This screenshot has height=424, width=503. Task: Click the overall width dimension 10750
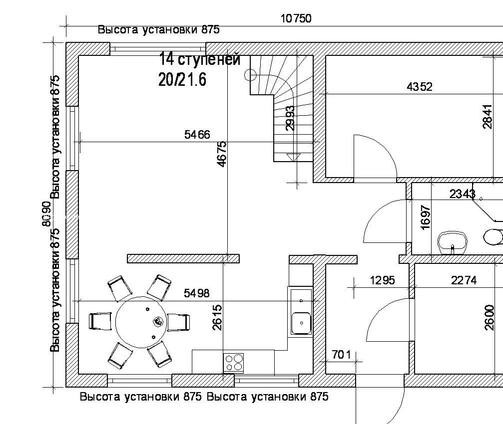click(x=296, y=18)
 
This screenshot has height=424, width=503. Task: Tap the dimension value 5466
click(x=197, y=135)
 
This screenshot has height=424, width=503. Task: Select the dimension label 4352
click(x=420, y=86)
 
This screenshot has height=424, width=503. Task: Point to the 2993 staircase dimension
click(x=290, y=118)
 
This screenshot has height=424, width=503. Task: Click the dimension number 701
click(x=341, y=355)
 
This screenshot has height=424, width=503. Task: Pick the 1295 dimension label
click(x=383, y=280)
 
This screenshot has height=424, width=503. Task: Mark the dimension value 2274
click(x=464, y=280)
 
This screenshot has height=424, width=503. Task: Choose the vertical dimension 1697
click(x=425, y=217)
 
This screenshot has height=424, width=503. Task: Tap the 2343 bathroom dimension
click(x=462, y=194)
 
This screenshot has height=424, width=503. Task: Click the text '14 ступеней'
click(x=199, y=59)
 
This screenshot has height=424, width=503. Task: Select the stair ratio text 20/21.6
click(x=182, y=79)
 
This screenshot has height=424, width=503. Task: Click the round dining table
click(x=141, y=322)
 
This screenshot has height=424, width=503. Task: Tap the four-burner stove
click(x=234, y=362)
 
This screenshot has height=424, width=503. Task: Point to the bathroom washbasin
click(x=453, y=243)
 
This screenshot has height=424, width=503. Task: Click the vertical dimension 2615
click(x=217, y=317)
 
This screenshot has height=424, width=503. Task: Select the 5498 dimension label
click(x=197, y=293)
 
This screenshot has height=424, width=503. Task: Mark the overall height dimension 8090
click(x=47, y=214)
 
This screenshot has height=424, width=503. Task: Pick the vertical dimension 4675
click(x=222, y=154)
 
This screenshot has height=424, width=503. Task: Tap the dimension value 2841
click(x=488, y=117)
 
